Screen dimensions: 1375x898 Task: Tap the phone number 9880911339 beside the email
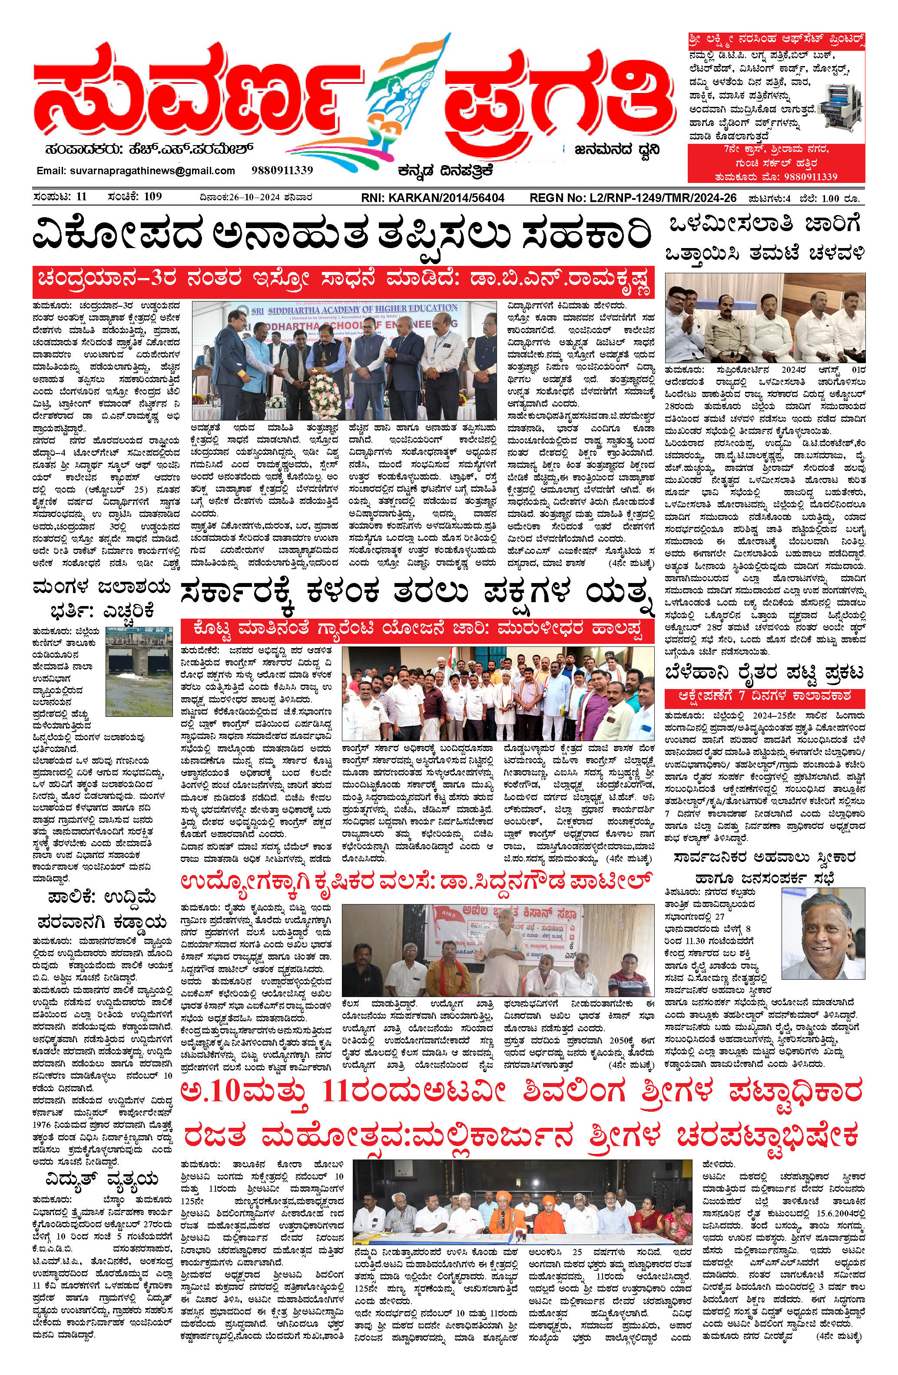pyautogui.click(x=282, y=170)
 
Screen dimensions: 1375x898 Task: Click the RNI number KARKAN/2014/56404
pyautogui.click(x=432, y=198)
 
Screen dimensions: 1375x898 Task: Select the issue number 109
pyautogui.click(x=152, y=197)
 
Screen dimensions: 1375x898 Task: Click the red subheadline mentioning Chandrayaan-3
pyautogui.click(x=343, y=282)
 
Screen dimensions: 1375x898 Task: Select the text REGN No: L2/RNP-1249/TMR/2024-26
pyautogui.click(x=633, y=198)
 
